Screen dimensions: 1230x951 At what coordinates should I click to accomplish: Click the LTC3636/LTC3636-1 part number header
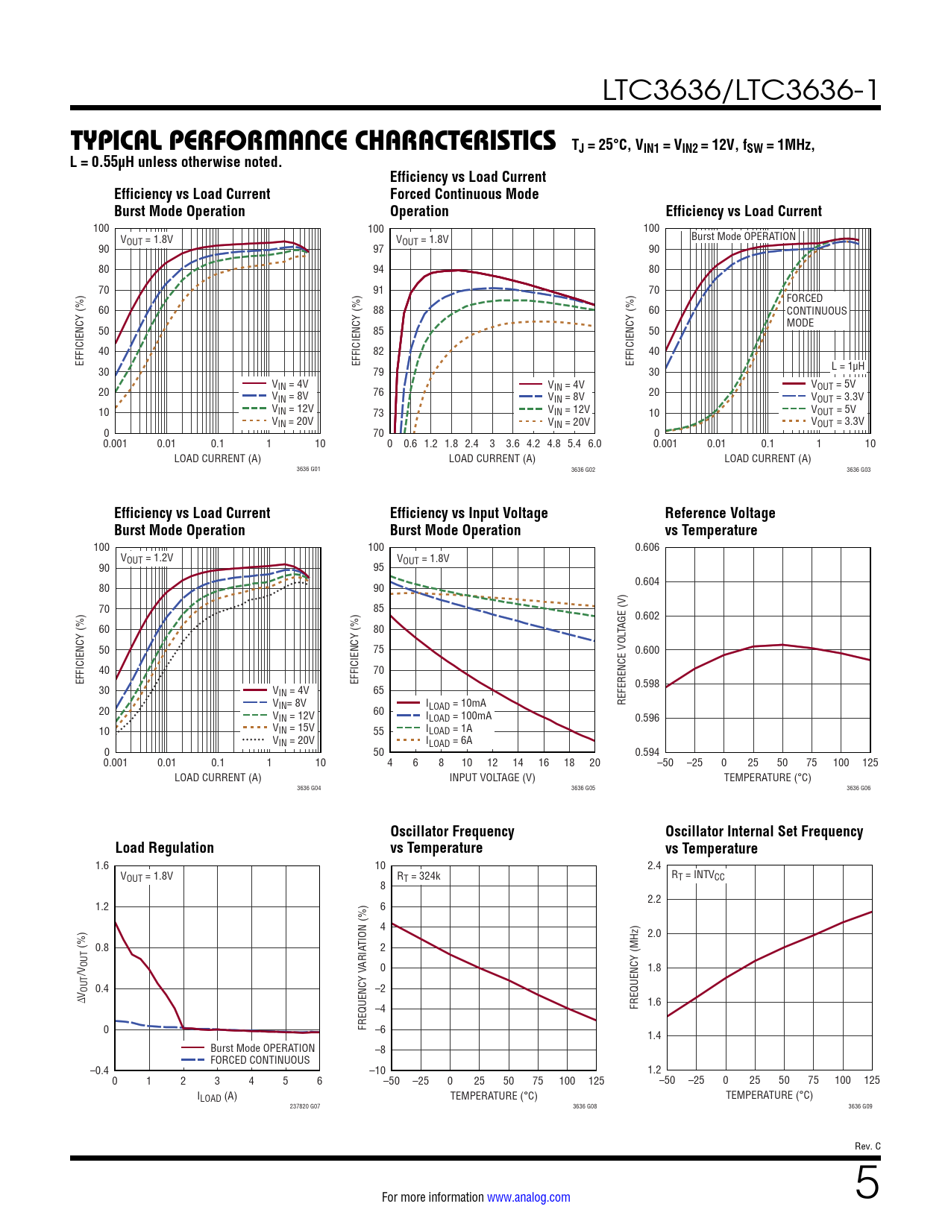741,90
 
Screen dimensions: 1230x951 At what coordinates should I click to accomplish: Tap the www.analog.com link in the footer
528,1197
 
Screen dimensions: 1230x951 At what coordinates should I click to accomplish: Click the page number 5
867,1183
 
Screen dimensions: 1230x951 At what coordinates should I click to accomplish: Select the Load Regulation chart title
164,848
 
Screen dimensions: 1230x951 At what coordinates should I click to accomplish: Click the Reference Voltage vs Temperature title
720,522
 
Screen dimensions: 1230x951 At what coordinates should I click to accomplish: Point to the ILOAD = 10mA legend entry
456,703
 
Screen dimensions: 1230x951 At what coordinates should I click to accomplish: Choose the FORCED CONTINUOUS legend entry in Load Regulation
260,1060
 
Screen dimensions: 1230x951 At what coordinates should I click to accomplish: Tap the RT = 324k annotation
418,876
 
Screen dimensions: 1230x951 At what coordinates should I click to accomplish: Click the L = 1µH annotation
848,366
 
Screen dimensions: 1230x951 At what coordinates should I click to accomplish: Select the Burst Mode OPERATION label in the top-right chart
744,236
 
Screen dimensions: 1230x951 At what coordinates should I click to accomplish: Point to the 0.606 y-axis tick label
647,547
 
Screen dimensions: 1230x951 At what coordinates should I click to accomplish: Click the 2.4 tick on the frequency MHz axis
654,865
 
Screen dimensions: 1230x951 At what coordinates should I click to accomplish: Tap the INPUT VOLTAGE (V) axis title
492,778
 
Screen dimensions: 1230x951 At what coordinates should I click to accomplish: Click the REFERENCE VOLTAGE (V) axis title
622,649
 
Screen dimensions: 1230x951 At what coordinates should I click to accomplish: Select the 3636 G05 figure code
583,788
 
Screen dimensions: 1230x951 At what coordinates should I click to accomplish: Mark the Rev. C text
867,1147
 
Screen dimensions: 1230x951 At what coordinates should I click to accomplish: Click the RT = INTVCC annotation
698,875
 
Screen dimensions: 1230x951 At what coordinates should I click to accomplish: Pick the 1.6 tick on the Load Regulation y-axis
102,865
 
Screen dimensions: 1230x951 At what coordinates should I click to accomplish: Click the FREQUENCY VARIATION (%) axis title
362,968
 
